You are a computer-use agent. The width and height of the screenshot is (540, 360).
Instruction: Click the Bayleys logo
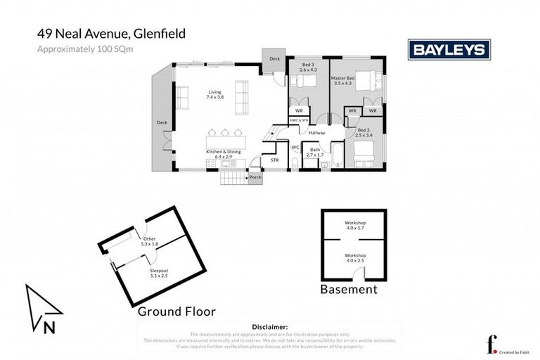pyautogui.click(x=449, y=49)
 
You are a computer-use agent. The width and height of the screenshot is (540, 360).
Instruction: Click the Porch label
pyautogui.click(x=255, y=177)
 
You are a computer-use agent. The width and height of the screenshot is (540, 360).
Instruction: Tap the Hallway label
pyautogui.click(x=316, y=133)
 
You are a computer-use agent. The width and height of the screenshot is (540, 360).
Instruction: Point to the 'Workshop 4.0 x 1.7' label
pyautogui.click(x=355, y=225)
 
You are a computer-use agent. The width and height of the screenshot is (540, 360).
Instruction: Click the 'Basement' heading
pyautogui.click(x=349, y=289)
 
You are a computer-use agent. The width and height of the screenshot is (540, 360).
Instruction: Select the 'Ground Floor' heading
pyautogui.click(x=176, y=311)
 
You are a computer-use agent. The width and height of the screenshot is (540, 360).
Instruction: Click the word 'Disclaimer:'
pyautogui.click(x=269, y=327)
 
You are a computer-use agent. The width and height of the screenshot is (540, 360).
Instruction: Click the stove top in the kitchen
pyautogui.click(x=210, y=164)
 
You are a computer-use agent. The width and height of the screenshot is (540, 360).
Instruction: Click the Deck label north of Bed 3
pyautogui.click(x=274, y=58)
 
